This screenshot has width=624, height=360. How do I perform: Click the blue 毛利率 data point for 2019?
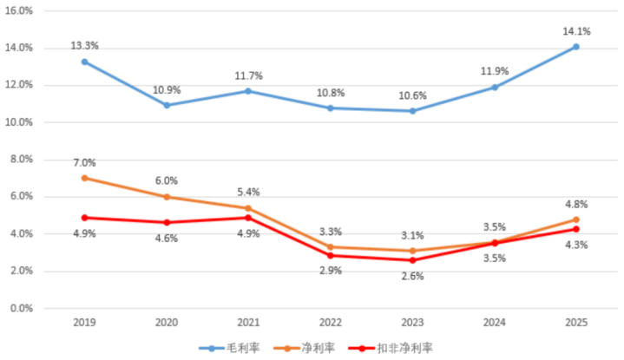pyautogui.click(x=84, y=62)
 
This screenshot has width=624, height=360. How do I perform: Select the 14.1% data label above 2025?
pyautogui.click(x=578, y=31)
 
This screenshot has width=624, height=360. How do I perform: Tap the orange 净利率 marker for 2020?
pyautogui.click(x=167, y=197)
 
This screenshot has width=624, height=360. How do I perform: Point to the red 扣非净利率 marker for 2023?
pyautogui.click(x=412, y=260)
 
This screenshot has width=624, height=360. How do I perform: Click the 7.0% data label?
pyautogui.click(x=84, y=162)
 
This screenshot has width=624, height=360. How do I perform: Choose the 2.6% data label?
pyautogui.click(x=412, y=277)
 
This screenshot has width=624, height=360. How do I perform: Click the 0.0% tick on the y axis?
pyautogui.click(x=21, y=308)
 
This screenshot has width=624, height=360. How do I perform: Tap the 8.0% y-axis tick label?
pyautogui.click(x=21, y=160)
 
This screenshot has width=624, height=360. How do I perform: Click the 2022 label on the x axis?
pyautogui.click(x=331, y=323)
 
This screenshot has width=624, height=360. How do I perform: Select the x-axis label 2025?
pyautogui.click(x=575, y=323)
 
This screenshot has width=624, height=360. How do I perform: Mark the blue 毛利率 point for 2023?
pyautogui.click(x=412, y=111)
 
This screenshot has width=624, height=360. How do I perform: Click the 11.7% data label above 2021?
pyautogui.click(x=248, y=76)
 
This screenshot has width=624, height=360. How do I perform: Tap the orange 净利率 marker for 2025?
pyautogui.click(x=575, y=220)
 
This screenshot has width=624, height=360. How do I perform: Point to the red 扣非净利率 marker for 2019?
pyautogui.click(x=84, y=218)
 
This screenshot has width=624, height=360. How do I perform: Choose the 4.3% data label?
pyautogui.click(x=575, y=245)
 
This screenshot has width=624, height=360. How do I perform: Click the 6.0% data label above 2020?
pyautogui.click(x=167, y=180)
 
